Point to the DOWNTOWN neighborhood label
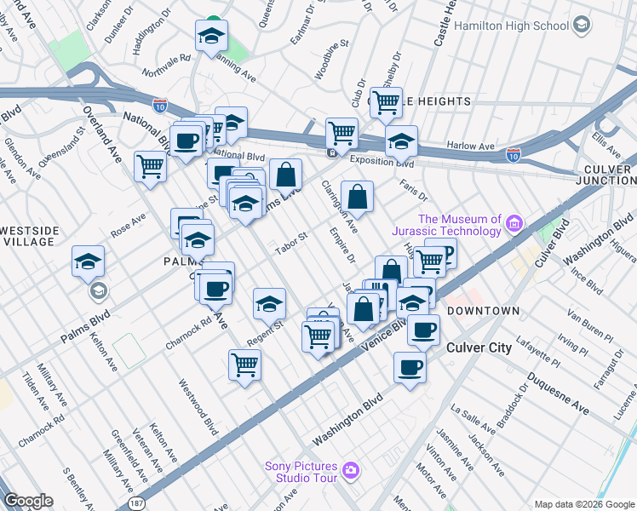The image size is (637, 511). (x=483, y=311)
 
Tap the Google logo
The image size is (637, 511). (x=28, y=501)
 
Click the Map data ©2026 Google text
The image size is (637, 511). (x=583, y=504)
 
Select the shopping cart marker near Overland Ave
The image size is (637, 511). (x=150, y=165)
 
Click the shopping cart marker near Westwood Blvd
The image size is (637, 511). (x=244, y=365)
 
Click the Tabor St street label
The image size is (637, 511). (x=290, y=243)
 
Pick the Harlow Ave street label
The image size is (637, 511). (x=470, y=146)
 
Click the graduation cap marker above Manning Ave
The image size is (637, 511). (x=211, y=36)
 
